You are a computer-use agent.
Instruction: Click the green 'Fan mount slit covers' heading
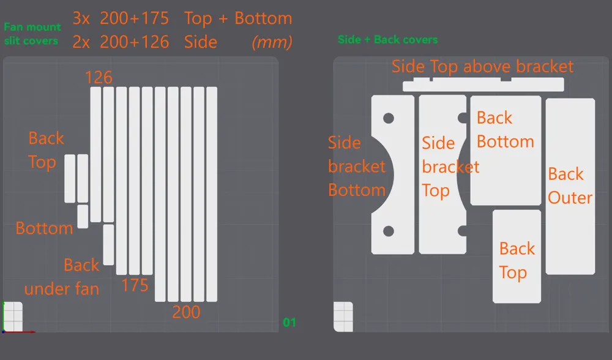click(32, 34)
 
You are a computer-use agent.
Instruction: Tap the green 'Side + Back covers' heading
click(387, 39)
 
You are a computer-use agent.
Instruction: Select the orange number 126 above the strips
click(99, 77)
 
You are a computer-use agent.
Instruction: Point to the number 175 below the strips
click(135, 285)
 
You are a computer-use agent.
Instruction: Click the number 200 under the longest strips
click(186, 312)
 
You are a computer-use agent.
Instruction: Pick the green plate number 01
click(289, 323)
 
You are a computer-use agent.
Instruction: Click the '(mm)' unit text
click(272, 42)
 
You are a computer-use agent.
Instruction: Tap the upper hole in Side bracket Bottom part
click(389, 118)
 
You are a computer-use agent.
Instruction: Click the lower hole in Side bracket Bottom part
click(389, 231)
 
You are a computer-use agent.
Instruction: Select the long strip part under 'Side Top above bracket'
click(483, 84)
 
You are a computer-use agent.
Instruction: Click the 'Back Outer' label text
click(570, 186)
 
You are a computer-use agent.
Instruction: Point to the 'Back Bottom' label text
click(505, 130)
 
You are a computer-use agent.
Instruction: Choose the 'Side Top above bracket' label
click(482, 67)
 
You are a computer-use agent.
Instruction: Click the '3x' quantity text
click(81, 18)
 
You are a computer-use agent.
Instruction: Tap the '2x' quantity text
click(81, 42)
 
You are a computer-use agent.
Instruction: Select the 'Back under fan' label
click(62, 277)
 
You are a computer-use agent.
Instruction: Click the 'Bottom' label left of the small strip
click(44, 228)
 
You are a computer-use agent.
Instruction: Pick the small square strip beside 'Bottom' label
click(83, 216)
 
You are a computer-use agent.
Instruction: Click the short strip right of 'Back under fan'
click(108, 245)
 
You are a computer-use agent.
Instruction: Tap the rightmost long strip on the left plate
click(212, 194)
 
